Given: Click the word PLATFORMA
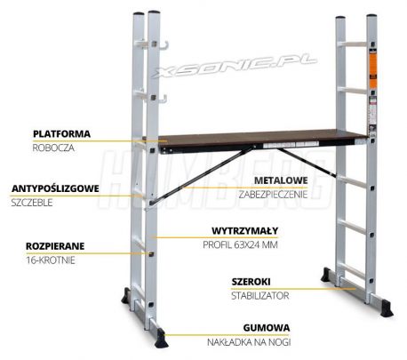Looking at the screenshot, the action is (x=61, y=133).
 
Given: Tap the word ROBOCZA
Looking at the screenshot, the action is (x=53, y=148).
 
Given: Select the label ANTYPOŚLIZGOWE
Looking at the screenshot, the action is (x=55, y=188).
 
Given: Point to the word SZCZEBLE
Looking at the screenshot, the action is (x=32, y=203).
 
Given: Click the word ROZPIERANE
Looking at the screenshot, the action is (x=55, y=246).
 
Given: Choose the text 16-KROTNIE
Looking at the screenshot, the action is (x=51, y=260).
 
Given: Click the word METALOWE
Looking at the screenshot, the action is (x=281, y=180).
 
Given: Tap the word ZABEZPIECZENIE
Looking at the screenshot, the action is (x=273, y=195).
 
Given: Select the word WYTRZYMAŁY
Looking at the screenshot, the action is (x=245, y=231).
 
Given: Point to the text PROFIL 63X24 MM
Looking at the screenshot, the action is (x=240, y=245).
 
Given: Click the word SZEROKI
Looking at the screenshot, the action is (x=251, y=282).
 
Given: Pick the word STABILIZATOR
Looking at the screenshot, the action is (x=260, y=296).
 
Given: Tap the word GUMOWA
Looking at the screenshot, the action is (x=267, y=328).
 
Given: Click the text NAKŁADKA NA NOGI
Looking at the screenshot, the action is (x=249, y=342).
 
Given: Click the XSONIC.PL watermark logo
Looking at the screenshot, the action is (x=235, y=66).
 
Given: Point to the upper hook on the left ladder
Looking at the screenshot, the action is (x=164, y=44).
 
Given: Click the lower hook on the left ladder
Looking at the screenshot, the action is (x=163, y=99).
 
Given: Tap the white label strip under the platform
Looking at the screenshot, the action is (x=291, y=145).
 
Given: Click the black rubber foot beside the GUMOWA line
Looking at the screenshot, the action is (x=162, y=338).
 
